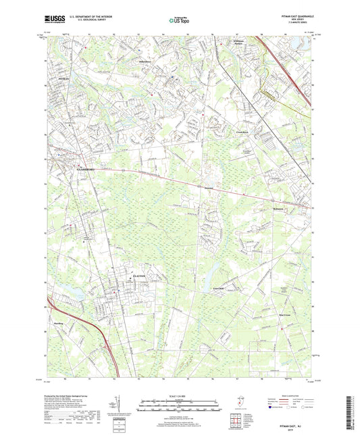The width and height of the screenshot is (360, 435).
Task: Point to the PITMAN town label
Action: pyautogui.click(x=55, y=78)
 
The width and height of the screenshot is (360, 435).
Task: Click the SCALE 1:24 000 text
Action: pyautogui.click(x=180, y=394)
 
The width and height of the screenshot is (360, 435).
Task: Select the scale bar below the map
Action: pyautogui.click(x=180, y=405)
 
